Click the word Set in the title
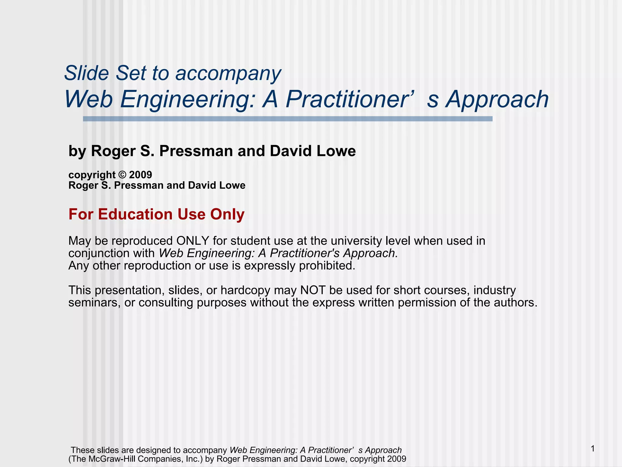(131, 73)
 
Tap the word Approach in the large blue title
(497, 99)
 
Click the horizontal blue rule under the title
(288, 119)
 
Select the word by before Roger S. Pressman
(77, 151)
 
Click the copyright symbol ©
(122, 175)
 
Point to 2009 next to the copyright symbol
(141, 175)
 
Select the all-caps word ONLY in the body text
(193, 241)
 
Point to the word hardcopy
(245, 290)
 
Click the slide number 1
(593, 449)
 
